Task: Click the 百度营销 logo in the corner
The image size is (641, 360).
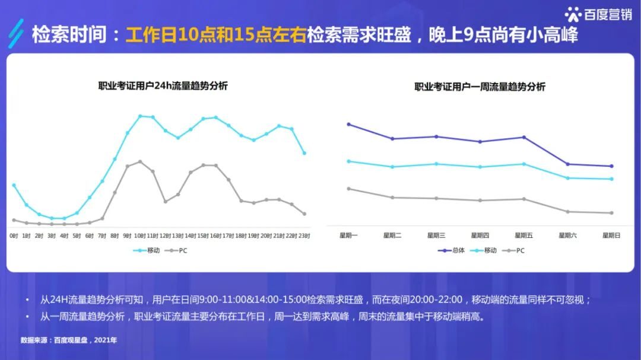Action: (x=598, y=14)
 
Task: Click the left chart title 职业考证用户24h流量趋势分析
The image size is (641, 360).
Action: (x=163, y=85)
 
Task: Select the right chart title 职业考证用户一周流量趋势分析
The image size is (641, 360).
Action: (x=480, y=87)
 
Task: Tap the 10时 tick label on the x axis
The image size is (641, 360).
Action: (x=140, y=235)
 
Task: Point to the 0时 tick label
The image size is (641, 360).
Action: (x=14, y=235)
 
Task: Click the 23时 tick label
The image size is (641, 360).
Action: (x=304, y=235)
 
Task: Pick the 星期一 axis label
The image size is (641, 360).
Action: (x=348, y=235)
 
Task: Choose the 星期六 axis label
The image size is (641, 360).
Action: (x=567, y=235)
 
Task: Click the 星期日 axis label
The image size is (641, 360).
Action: (x=611, y=235)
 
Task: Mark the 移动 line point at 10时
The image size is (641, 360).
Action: (x=140, y=116)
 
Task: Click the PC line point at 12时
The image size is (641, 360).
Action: (x=166, y=202)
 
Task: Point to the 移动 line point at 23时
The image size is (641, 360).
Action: (x=304, y=153)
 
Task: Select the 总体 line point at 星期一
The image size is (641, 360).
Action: (x=348, y=124)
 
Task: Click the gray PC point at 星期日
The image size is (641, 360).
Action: (x=611, y=213)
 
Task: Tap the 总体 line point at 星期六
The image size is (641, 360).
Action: (x=567, y=164)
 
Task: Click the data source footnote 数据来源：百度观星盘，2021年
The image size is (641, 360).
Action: (x=69, y=340)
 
